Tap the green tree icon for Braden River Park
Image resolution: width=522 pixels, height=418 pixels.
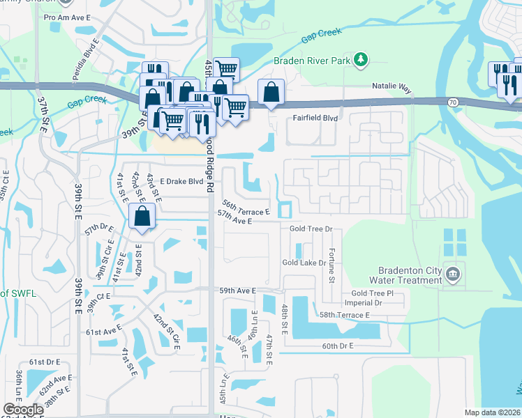360,61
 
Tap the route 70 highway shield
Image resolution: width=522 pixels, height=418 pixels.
453,102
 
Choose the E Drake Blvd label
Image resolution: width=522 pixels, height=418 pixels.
181,182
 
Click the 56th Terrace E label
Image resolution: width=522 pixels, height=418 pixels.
246,208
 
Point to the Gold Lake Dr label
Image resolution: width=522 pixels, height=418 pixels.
304,263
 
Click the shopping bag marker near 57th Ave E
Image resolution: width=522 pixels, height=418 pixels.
142,217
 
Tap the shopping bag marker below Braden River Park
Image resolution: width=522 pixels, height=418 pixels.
271,92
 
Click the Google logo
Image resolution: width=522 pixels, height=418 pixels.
23,410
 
